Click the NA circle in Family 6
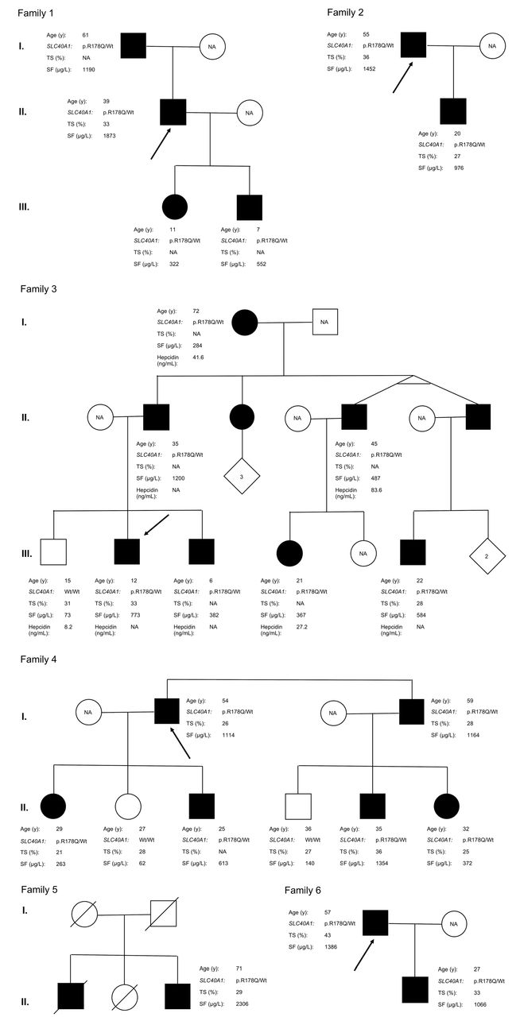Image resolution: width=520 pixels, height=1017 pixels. point(454,924)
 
